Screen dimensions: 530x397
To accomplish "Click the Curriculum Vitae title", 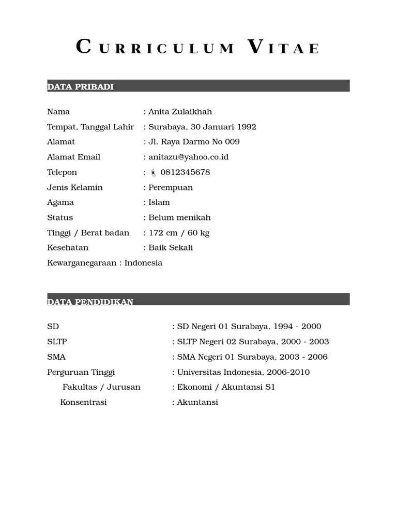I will pyautogui.click(x=198, y=48).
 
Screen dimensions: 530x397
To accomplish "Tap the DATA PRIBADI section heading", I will pyautogui.click(x=80, y=86).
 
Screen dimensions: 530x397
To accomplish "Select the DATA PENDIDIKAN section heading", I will pyautogui.click(x=90, y=301).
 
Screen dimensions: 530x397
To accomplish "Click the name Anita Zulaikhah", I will pyautogui.click(x=180, y=112).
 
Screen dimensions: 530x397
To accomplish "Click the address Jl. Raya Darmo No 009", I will pyautogui.click(x=194, y=142).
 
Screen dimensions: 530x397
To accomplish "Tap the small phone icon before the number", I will pyautogui.click(x=153, y=172).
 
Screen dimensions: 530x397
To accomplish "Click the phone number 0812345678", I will pyautogui.click(x=185, y=172).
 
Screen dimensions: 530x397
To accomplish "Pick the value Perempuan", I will pyautogui.click(x=171, y=187).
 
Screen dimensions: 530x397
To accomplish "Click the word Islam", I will pyautogui.click(x=159, y=202).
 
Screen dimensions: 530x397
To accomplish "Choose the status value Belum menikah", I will pyautogui.click(x=179, y=217).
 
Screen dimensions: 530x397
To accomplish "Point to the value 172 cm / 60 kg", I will pyautogui.click(x=179, y=232).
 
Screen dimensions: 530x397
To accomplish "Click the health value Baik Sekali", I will pyautogui.click(x=171, y=247).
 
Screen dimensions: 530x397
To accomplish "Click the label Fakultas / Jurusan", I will pyautogui.click(x=101, y=387).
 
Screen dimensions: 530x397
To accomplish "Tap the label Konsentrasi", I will pyautogui.click(x=83, y=402).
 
